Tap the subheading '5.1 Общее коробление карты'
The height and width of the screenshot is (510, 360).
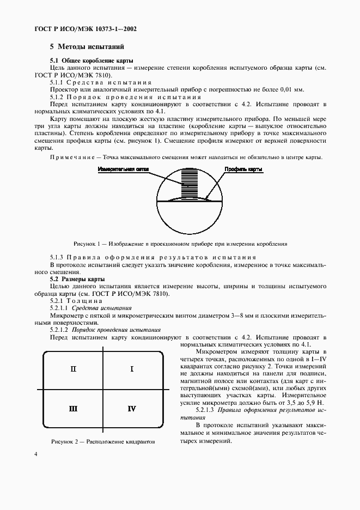point(92,60)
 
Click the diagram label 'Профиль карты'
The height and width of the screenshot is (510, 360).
point(243,170)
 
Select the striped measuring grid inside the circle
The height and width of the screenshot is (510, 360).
point(190,184)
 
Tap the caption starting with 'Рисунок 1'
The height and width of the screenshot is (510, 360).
point(180,244)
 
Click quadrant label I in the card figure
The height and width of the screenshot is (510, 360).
point(132,369)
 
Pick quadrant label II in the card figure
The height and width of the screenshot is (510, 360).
point(74,369)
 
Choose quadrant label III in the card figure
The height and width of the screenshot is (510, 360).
point(74,408)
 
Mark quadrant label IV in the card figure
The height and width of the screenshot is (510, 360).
point(132,408)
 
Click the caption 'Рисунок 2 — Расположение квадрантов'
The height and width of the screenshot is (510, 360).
point(103,441)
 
